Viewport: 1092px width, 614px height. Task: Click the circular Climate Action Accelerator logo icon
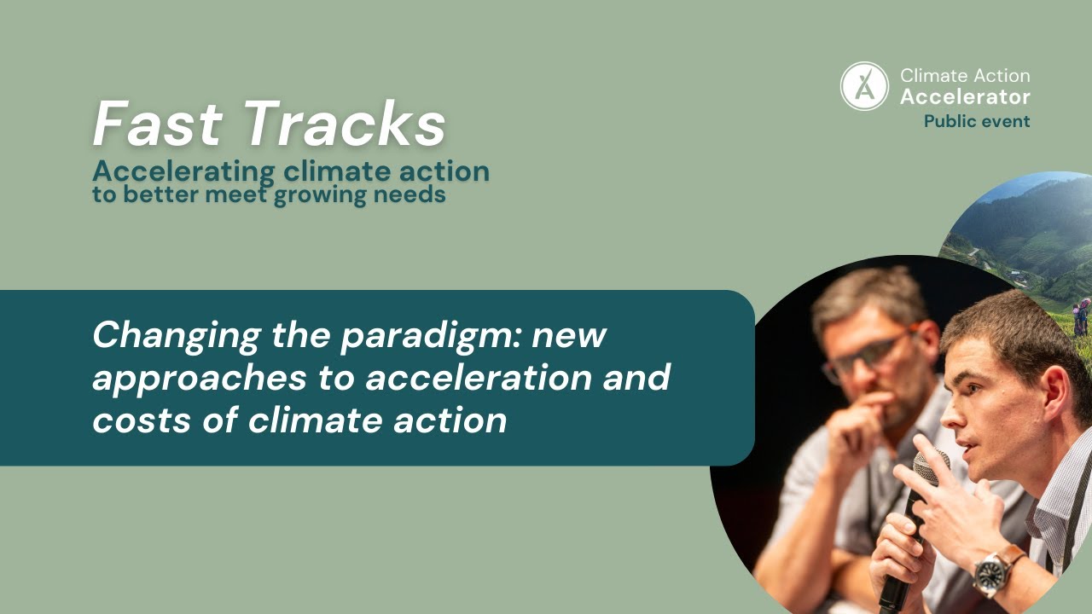864,86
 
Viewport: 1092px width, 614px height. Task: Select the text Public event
977,121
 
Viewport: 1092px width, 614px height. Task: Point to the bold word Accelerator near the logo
965,97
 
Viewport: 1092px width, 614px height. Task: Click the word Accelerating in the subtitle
183,172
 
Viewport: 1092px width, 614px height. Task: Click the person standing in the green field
1081,317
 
